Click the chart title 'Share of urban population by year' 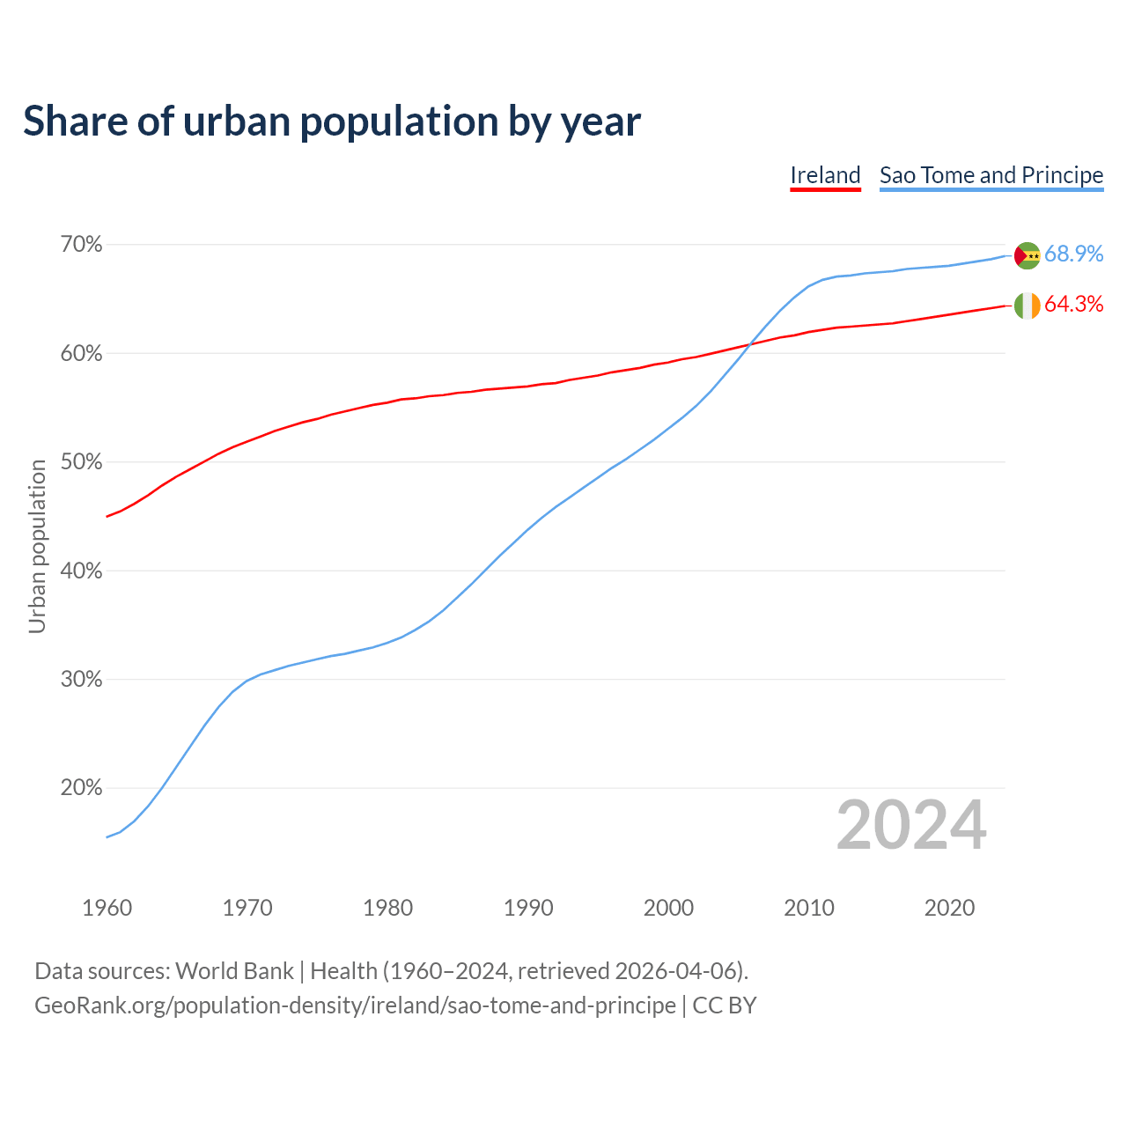[332, 122]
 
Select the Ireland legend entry [825, 175]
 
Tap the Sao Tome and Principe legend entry [991, 175]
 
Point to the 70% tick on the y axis [81, 245]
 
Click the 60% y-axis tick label [81, 354]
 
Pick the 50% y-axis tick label [81, 462]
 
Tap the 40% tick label [81, 571]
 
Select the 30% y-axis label [81, 680]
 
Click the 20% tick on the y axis [81, 788]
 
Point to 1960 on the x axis [107, 908]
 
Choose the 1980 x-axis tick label [387, 908]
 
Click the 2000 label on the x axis [668, 908]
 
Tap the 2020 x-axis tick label [949, 908]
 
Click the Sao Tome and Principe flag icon [1027, 255]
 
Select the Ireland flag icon [1027, 306]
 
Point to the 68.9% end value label [1073, 254]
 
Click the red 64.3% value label [1073, 305]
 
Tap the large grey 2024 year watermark [911, 825]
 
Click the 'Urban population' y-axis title [37, 546]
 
